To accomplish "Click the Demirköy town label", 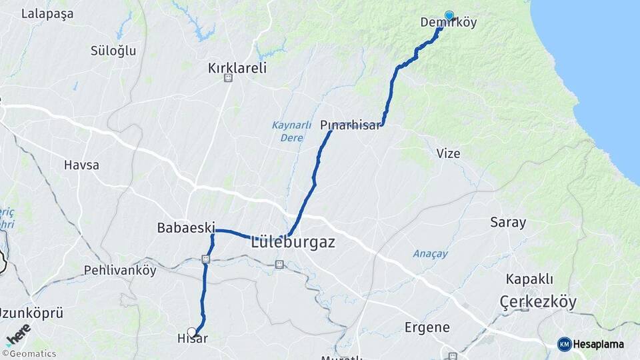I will [449, 23].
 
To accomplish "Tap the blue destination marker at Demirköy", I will [449, 15].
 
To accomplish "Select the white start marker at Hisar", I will [192, 331].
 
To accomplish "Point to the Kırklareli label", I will [237, 67].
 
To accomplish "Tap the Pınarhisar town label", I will [350, 125].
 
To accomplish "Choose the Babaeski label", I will [184, 228].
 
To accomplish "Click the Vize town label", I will [448, 153].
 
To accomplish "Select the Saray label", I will [508, 223].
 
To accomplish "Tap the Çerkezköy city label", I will [538, 302].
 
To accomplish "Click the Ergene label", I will [427, 327].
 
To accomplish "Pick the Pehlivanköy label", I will [120, 271].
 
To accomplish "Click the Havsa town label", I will [81, 165].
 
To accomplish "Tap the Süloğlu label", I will [113, 50].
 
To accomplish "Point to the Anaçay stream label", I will [430, 253].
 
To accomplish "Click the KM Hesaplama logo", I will [591, 344].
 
